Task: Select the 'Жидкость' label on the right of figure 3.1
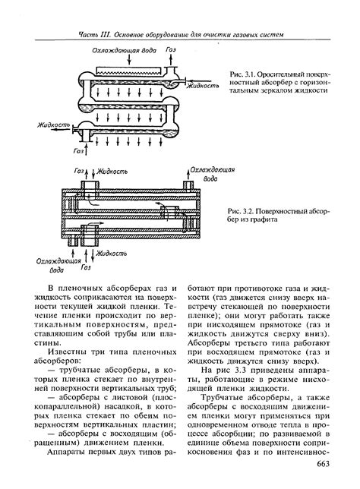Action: [x=203, y=86]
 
